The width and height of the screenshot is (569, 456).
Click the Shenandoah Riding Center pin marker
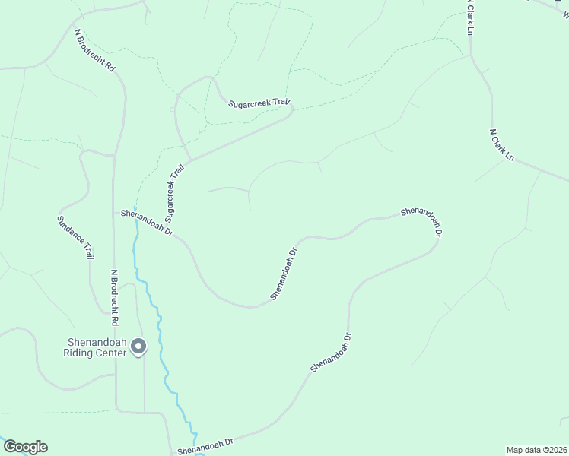[138, 347]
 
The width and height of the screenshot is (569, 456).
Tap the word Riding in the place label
[80, 353]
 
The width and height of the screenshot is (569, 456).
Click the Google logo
[24, 447]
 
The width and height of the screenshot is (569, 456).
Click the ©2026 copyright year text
[556, 449]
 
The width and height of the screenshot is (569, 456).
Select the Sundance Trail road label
[75, 238]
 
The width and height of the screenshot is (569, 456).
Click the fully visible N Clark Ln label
[502, 145]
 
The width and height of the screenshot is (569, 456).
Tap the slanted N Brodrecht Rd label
[94, 51]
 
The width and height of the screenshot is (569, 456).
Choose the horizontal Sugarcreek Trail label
[261, 103]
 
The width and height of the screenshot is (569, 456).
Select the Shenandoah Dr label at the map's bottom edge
[205, 446]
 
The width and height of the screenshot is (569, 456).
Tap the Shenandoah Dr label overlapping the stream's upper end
[148, 223]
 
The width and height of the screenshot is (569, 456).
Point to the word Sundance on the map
[68, 230]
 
